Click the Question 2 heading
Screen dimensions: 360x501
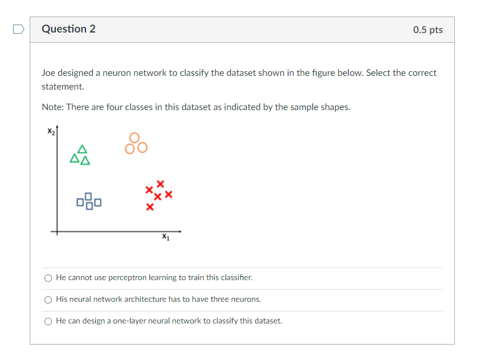coord(68,29)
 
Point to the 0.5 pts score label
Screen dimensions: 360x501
coord(427,30)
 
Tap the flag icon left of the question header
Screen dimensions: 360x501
coord(19,29)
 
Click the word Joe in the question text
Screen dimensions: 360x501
coord(48,73)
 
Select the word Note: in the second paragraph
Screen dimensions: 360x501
coord(52,107)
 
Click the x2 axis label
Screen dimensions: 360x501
coord(51,132)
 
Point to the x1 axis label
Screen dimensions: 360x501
coord(165,237)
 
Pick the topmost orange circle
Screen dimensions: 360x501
coord(135,137)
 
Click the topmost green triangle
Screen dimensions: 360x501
coord(83,149)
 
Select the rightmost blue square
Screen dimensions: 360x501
coord(98,201)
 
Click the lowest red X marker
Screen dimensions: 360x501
coord(149,207)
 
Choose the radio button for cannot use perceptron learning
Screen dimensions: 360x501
coord(48,278)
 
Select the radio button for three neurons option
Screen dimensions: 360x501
coord(48,300)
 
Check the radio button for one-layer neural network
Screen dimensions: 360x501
coord(48,321)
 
